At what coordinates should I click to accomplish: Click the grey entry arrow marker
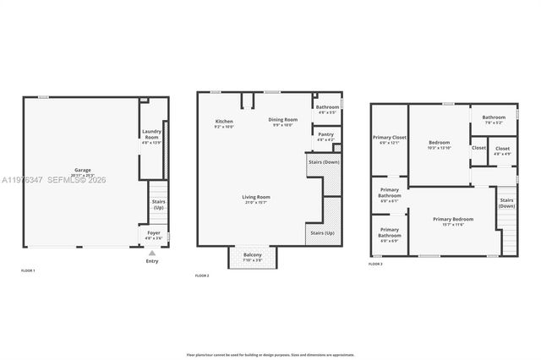[x=152, y=252]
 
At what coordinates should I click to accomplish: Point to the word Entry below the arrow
[x=152, y=260]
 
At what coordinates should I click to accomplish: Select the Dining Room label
[x=282, y=122]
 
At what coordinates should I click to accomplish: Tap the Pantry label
[x=325, y=135]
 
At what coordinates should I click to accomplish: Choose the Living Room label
[x=255, y=199]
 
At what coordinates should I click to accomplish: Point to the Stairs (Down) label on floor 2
[x=325, y=161]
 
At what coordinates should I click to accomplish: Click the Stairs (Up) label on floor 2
[x=322, y=232]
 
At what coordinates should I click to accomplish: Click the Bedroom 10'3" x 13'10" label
[x=439, y=145]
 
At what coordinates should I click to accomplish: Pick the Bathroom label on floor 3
[x=494, y=119]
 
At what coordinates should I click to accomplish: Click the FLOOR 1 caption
[x=28, y=270]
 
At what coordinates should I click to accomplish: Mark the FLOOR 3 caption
[x=375, y=265]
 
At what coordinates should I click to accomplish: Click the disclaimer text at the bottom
[x=270, y=355]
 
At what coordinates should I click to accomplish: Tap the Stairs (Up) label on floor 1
[x=158, y=204]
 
